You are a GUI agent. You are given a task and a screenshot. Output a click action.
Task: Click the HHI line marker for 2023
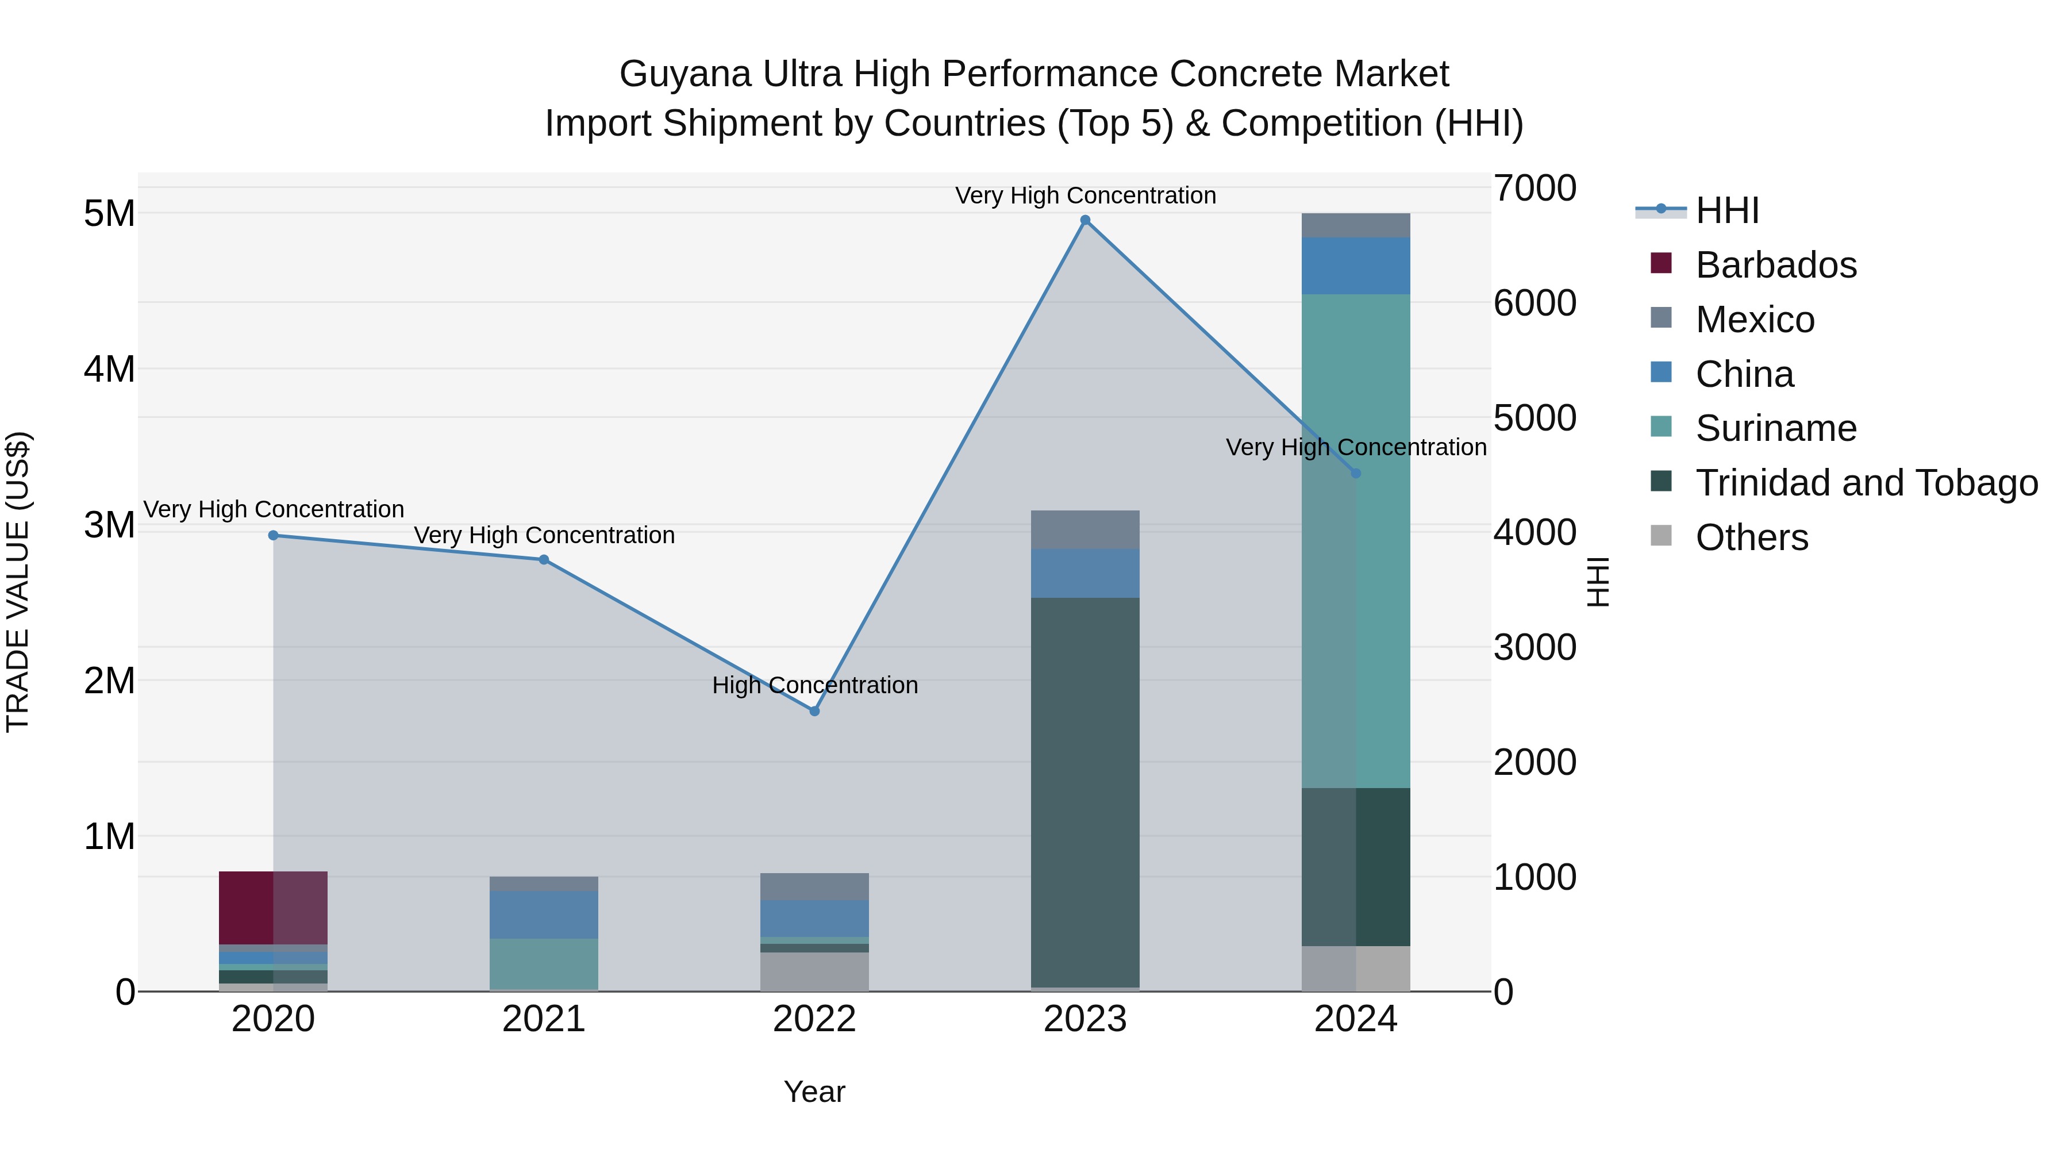[1085, 220]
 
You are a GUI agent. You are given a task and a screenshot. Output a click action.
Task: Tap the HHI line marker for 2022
[814, 711]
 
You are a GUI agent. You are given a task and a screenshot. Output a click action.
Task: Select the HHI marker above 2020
[273, 535]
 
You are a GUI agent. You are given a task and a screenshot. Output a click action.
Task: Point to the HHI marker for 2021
[544, 560]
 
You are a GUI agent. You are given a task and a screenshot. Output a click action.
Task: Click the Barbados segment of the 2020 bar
[273, 908]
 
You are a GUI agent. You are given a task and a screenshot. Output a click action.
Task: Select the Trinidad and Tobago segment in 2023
[1085, 792]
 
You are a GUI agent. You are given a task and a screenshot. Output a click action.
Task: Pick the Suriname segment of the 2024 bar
[1356, 541]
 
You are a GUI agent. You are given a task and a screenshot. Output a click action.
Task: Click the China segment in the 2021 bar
[544, 914]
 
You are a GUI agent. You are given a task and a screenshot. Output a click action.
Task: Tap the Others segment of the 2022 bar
[814, 971]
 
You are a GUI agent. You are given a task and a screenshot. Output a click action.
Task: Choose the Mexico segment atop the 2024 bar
[1356, 226]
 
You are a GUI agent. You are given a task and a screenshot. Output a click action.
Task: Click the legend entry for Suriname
[1775, 428]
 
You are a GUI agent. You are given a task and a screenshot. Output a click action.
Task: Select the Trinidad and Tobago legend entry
[1866, 483]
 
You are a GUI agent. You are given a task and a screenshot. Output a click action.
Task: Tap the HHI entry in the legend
[1727, 210]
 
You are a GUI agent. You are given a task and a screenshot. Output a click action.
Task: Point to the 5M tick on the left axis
[109, 214]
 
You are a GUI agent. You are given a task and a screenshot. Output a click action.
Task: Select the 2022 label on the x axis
[814, 1019]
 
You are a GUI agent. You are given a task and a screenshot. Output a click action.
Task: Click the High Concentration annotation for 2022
[814, 685]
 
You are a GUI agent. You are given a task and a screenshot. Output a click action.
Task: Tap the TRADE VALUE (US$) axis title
[18, 582]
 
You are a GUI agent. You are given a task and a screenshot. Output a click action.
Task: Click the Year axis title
[814, 1092]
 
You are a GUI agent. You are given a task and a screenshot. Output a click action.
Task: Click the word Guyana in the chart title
[685, 74]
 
